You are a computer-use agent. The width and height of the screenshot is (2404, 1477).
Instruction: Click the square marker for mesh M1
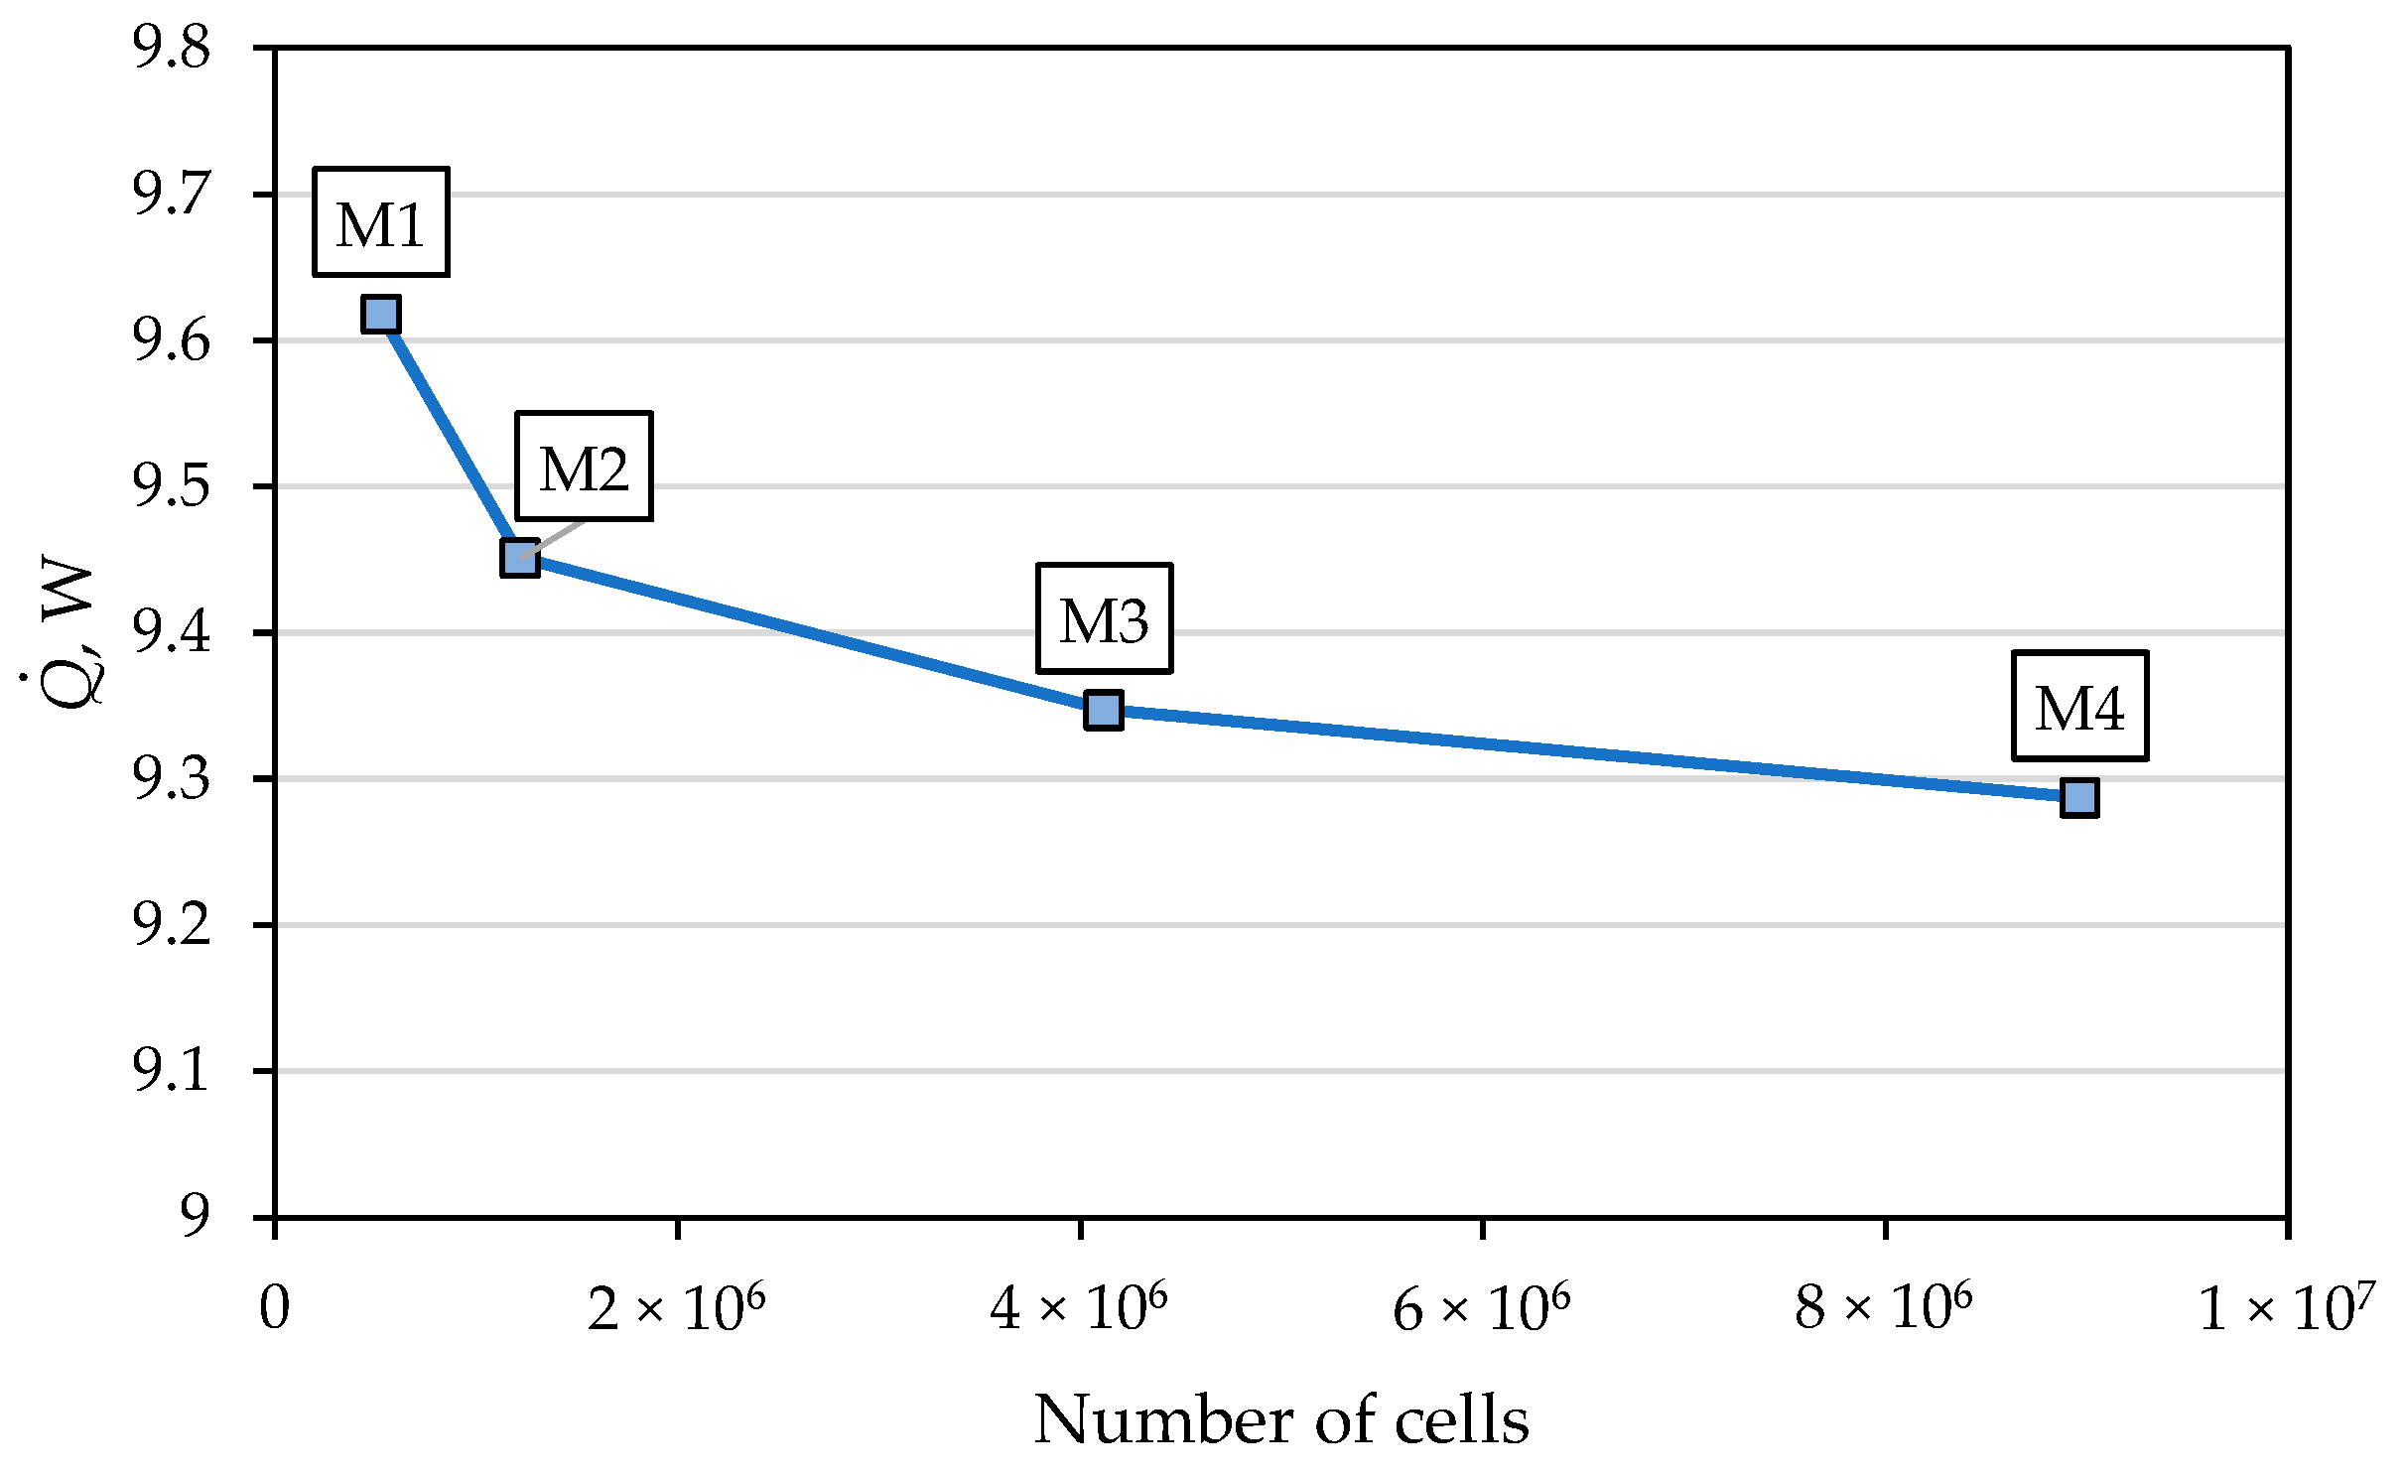pyautogui.click(x=381, y=314)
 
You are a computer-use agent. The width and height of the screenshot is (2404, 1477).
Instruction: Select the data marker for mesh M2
pyautogui.click(x=520, y=558)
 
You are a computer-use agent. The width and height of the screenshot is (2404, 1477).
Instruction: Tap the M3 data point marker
pyautogui.click(x=1104, y=710)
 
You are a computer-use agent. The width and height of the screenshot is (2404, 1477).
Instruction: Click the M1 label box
pyautogui.click(x=381, y=222)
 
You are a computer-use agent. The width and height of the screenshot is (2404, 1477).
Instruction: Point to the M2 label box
pyautogui.click(x=584, y=467)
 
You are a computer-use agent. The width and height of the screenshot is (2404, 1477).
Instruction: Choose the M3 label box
pyautogui.click(x=1104, y=619)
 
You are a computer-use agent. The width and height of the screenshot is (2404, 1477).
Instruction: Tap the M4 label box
pyautogui.click(x=2079, y=707)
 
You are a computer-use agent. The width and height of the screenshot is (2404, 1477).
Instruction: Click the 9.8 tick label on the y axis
pyautogui.click(x=172, y=48)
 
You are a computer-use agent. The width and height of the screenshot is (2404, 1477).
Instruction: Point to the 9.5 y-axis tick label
pyautogui.click(x=172, y=486)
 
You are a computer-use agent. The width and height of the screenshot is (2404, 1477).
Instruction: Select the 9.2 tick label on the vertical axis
pyautogui.click(x=172, y=925)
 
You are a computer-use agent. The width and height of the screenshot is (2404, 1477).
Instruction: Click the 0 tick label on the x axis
pyautogui.click(x=275, y=1308)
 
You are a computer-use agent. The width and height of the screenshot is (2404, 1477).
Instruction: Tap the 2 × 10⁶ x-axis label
pyautogui.click(x=677, y=1308)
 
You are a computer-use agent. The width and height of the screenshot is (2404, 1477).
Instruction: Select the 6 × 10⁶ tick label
pyautogui.click(x=1481, y=1308)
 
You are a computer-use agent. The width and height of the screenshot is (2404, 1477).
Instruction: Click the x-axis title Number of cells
pyautogui.click(x=1280, y=1419)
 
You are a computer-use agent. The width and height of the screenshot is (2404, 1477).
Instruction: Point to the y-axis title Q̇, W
pyautogui.click(x=67, y=635)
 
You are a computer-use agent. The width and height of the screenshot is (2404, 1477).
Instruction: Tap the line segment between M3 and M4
pyautogui.click(x=1588, y=753)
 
